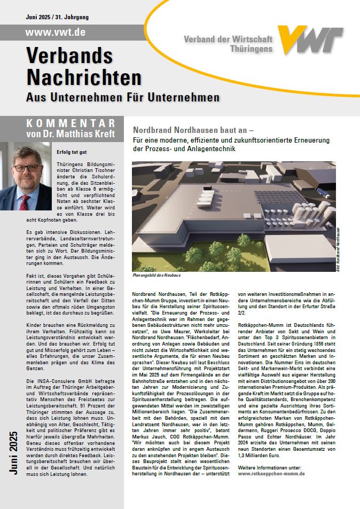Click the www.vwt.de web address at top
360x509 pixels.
tap(56, 32)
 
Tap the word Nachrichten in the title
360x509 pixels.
tap(84, 77)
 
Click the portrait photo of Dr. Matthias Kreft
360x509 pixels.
tap(26, 176)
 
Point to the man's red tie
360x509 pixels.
tap(25, 202)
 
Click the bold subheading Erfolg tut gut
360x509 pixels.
tap(71, 153)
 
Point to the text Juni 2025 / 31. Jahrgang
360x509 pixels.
tap(57, 17)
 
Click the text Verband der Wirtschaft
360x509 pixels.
tap(228, 40)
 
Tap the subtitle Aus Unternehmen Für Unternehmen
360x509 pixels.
tap(123, 98)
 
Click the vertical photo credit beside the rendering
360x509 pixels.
tap(338, 249)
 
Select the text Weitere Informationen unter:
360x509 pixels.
tap(269, 452)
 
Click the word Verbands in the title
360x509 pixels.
tap(69, 56)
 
